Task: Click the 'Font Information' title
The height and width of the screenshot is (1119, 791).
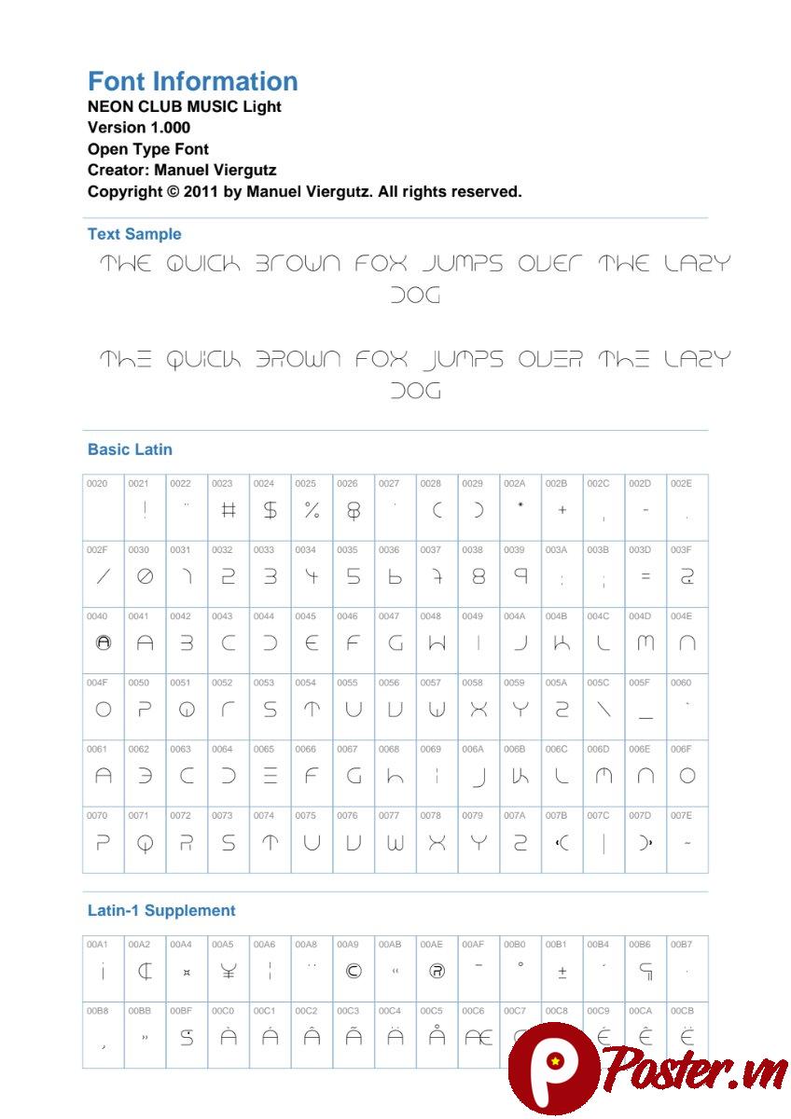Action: pos(192,81)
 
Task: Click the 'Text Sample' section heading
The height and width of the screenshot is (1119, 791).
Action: pos(134,234)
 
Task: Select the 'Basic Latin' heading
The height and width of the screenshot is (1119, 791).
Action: pos(130,449)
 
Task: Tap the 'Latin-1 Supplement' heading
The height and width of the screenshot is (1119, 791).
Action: pos(161,910)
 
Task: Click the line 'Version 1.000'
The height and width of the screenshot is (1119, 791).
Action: pos(139,128)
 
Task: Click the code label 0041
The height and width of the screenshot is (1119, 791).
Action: pos(138,616)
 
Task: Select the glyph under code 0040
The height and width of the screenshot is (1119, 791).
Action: pos(104,642)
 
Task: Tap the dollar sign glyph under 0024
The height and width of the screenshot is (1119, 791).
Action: pos(270,510)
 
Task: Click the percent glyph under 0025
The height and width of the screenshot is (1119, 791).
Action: pos(312,510)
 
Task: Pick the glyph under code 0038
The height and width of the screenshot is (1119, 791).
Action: pos(479,577)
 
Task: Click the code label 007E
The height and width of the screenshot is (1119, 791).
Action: pos(680,815)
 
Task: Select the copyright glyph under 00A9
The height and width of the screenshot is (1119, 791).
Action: pos(354,972)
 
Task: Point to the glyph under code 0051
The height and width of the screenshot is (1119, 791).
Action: pos(187,710)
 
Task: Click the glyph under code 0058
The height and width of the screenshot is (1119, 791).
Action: pos(479,710)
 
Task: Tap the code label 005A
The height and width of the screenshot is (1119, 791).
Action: pos(555,683)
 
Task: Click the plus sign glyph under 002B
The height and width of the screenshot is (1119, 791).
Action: pos(562,510)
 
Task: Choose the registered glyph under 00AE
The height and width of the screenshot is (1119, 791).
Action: pos(437,972)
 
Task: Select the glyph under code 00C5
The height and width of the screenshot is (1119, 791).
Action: pos(437,1036)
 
